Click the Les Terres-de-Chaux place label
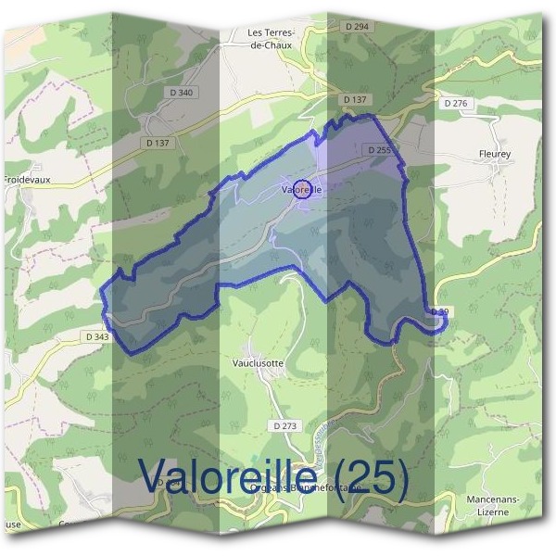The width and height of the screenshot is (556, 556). (x=271, y=38)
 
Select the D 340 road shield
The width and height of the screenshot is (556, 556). (x=183, y=92)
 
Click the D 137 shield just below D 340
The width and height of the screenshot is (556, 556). (x=158, y=143)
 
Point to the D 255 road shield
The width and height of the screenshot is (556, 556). (x=378, y=149)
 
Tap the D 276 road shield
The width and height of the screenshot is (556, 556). (x=456, y=104)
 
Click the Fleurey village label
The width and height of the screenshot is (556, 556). (x=470, y=155)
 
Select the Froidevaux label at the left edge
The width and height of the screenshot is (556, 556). (x=25, y=180)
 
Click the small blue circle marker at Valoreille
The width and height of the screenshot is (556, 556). (x=301, y=190)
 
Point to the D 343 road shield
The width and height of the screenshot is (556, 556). (x=95, y=336)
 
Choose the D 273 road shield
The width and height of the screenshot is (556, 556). (x=286, y=425)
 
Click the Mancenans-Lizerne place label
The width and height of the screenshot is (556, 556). (x=492, y=505)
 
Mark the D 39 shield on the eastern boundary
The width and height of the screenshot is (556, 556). (x=440, y=313)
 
